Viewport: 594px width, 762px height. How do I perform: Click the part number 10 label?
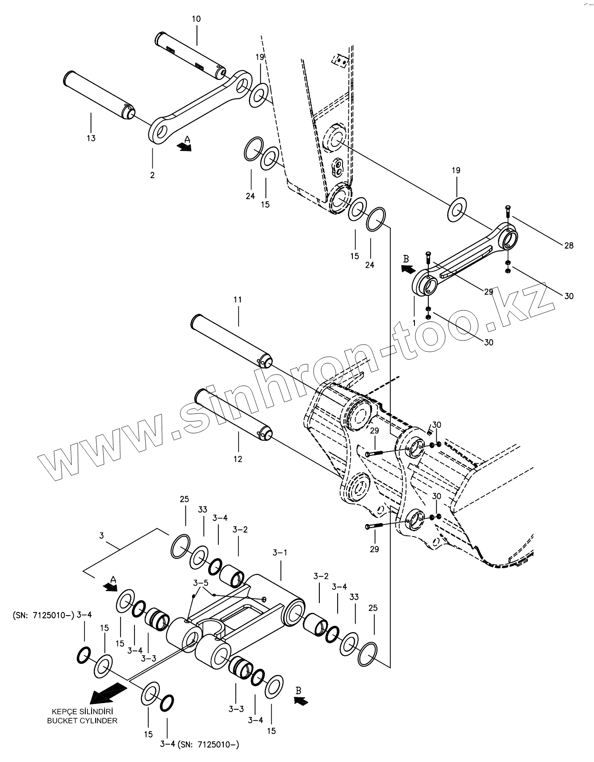196,19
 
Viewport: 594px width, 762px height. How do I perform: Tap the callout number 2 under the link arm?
152,175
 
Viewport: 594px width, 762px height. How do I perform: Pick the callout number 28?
569,245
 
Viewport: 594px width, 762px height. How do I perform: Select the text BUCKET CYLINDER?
82,720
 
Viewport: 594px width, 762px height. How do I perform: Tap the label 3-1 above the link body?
280,553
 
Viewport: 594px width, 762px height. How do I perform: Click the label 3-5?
201,583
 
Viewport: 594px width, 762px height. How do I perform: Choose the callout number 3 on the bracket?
101,535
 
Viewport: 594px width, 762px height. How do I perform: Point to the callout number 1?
414,322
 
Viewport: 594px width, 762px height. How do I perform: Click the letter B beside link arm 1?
406,259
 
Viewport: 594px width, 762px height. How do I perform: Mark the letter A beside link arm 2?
188,139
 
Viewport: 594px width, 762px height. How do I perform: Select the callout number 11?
238,300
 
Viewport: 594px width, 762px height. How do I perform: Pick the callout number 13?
91,138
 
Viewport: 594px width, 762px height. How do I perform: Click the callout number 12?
238,459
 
